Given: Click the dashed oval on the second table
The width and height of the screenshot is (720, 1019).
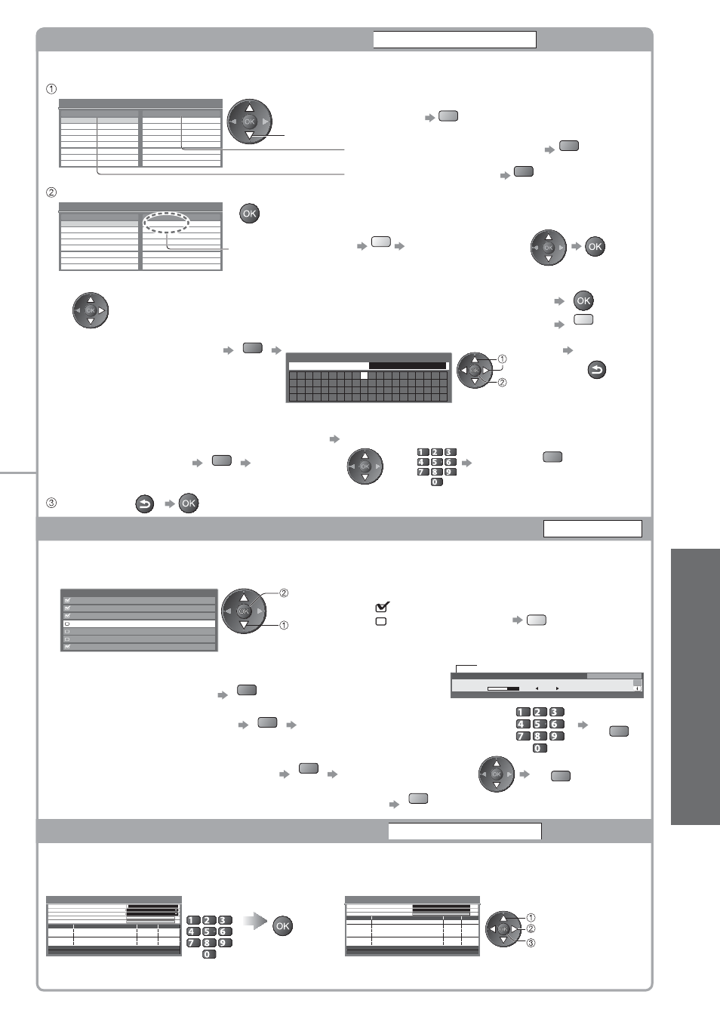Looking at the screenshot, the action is (167, 212).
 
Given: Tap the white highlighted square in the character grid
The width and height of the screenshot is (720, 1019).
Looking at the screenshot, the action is (364, 376).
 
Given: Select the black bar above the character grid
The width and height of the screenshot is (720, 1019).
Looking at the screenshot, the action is (408, 366).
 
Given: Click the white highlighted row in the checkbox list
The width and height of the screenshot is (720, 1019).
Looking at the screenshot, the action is (139, 623).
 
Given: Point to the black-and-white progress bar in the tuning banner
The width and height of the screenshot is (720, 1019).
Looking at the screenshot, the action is (503, 688).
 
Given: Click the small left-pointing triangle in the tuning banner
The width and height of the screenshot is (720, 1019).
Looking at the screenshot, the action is (537, 688).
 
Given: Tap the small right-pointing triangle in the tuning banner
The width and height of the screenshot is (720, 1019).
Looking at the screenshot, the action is (557, 688).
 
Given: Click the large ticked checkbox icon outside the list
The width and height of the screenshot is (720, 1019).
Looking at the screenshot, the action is (382, 606).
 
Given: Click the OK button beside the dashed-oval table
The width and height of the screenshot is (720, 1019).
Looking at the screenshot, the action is (249, 214).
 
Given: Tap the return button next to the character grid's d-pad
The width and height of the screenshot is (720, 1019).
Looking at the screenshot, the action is (597, 369).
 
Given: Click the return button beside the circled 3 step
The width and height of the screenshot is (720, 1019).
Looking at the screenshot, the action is (145, 504).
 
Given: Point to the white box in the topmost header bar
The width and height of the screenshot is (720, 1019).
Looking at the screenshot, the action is (455, 39).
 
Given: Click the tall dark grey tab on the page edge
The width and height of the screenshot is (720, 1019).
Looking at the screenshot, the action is (695, 687).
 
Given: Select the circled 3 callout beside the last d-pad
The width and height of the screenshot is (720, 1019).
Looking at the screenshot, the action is (531, 943).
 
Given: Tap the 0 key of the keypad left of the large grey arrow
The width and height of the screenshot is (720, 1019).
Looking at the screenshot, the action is (209, 954).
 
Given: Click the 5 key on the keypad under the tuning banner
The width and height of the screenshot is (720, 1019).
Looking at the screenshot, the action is (539, 724).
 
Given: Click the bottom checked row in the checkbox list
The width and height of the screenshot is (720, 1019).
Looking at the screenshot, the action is (139, 646).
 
